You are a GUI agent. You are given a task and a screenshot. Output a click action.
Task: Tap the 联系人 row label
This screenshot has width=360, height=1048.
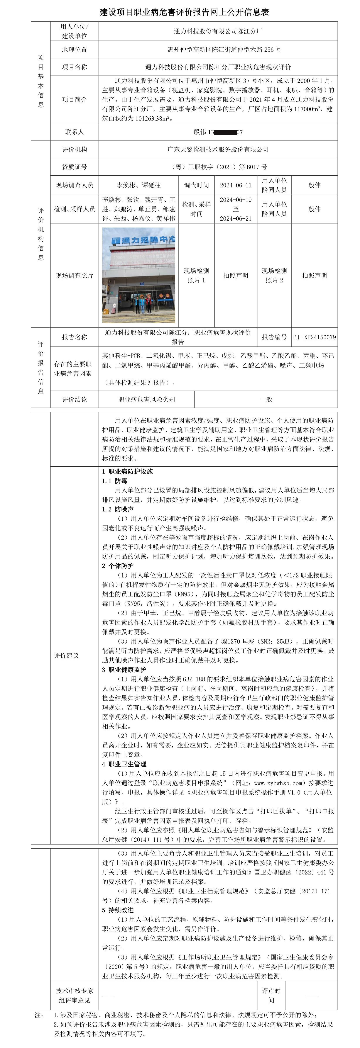point(74,132)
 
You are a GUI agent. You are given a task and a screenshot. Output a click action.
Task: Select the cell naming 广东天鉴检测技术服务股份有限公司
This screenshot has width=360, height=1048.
point(218,149)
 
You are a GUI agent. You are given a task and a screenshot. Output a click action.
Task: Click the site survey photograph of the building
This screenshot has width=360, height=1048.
point(139,275)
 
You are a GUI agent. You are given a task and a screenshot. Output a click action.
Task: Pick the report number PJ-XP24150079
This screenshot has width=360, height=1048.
point(314,337)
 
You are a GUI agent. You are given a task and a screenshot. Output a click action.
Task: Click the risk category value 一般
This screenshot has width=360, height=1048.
point(266,399)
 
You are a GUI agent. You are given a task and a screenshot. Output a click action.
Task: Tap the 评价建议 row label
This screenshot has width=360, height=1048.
point(66,655)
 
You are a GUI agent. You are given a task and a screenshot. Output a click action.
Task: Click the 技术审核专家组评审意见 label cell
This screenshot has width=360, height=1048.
point(74,995)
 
